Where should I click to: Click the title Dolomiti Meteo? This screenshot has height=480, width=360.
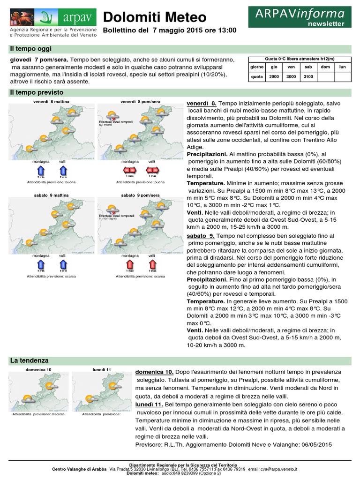pyautogui.click(x=154, y=17)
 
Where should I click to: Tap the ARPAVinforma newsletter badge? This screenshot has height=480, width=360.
pyautogui.click(x=300, y=17)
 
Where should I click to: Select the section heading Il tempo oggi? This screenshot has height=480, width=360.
pyautogui.click(x=28, y=49)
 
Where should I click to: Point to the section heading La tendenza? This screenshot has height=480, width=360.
pyautogui.click(x=29, y=360)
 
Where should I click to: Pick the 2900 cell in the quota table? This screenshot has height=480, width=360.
pyautogui.click(x=274, y=76)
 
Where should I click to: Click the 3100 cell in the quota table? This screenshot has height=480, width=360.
pyautogui.click(x=308, y=76)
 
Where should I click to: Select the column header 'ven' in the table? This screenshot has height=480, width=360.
pyautogui.click(x=291, y=67)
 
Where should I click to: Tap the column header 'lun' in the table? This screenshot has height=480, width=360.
pyautogui.click(x=342, y=67)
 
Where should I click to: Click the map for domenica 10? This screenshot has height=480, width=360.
pyautogui.click(x=39, y=392)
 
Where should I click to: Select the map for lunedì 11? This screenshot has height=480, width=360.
pyautogui.click(x=101, y=392)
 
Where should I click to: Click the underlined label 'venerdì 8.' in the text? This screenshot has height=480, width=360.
pyautogui.click(x=202, y=103)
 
